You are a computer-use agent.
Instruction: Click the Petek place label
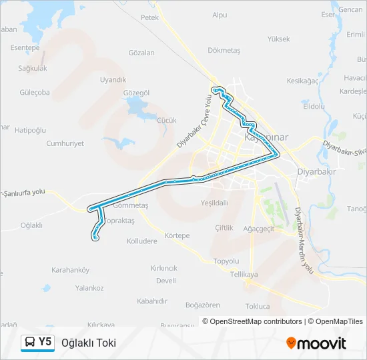150,17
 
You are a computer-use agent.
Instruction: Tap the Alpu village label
220,15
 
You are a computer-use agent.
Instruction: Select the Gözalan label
141,53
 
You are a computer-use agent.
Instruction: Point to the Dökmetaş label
224,49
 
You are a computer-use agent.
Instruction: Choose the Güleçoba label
35,93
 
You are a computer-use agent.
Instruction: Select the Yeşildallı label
214,203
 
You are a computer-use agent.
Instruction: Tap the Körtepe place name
177,236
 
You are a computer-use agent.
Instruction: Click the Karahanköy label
70,270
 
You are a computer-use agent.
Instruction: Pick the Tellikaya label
244,275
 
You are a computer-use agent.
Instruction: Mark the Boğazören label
202,305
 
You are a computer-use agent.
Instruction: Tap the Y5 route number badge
45,342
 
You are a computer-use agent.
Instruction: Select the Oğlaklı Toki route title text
89,343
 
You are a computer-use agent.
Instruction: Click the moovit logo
316,343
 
